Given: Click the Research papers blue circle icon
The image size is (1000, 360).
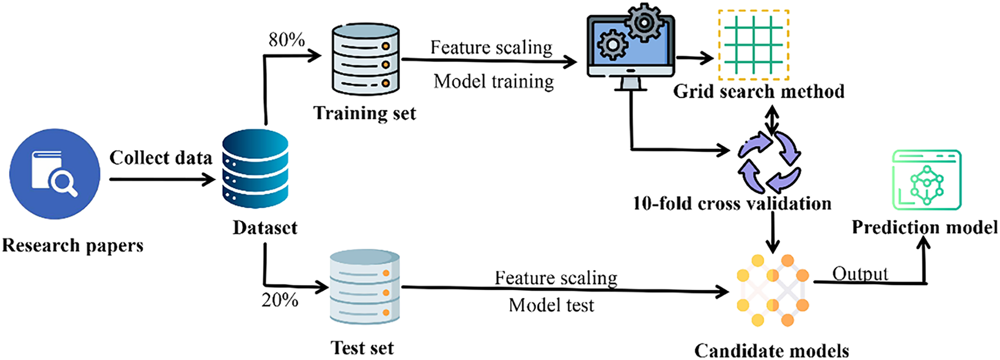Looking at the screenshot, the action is pyautogui.click(x=55, y=174).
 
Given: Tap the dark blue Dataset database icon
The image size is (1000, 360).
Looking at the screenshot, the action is pyautogui.click(x=255, y=169).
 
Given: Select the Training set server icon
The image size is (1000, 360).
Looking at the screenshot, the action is pyautogui.click(x=366, y=59).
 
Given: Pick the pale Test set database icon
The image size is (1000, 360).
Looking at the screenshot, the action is pyautogui.click(x=365, y=287).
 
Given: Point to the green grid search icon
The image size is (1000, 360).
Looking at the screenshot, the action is pyautogui.click(x=754, y=45).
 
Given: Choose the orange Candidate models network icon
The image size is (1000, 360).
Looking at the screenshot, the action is pyautogui.click(x=773, y=290).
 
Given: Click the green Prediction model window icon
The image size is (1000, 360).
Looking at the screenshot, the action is pyautogui.click(x=926, y=180).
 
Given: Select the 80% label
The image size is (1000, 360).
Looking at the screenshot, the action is pyautogui.click(x=287, y=40).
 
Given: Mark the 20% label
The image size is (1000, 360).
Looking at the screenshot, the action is pyautogui.click(x=280, y=300).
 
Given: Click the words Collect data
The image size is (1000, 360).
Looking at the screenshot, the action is pyautogui.click(x=161, y=158).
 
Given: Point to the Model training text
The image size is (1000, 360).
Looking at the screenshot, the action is pyautogui.click(x=494, y=82).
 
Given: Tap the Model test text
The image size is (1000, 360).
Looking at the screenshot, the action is pyautogui.click(x=551, y=305).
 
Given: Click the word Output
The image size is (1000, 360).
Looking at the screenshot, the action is pyautogui.click(x=860, y=274).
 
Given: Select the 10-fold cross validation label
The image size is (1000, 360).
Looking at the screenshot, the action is pyautogui.click(x=732, y=203).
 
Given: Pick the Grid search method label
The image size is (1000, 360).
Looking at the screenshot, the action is pyautogui.click(x=759, y=91).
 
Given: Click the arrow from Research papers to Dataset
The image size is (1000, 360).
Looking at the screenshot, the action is pyautogui.click(x=162, y=179).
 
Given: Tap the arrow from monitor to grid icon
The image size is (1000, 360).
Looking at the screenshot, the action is pyautogui.click(x=695, y=57).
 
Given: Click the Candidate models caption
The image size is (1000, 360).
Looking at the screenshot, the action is pyautogui.click(x=771, y=350).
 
